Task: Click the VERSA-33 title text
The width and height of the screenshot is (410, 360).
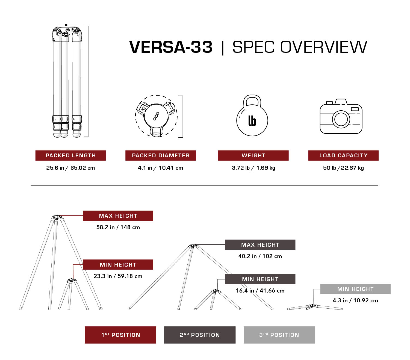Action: coord(171,47)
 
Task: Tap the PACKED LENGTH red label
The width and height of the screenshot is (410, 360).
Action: coord(70,155)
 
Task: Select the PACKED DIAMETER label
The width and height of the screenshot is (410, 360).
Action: coord(161,155)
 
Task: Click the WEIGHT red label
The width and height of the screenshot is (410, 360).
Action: coord(253,155)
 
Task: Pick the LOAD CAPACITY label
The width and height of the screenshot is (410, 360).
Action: coord(343,155)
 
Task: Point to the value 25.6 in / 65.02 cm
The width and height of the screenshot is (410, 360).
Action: coord(70,168)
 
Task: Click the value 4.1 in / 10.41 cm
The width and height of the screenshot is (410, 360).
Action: coord(161,168)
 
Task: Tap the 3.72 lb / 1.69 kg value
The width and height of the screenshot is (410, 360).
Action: coord(253,168)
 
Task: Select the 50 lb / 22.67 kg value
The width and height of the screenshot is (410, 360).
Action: coord(343,168)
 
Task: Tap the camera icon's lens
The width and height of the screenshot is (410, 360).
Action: coord(341,119)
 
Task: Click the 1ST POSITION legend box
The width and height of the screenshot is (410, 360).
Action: coord(120,335)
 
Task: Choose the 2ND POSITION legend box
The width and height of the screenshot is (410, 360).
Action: coord(200,335)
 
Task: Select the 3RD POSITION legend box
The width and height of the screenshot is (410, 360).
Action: coord(279,335)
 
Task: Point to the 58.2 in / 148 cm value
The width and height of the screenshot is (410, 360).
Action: coord(118,227)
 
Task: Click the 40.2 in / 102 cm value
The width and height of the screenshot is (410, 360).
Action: coord(260,256)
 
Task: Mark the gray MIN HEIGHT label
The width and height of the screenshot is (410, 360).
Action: coord(355,289)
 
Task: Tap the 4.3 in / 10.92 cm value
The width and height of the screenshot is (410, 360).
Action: coord(355,300)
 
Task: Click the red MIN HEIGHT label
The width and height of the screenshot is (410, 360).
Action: coord(118,265)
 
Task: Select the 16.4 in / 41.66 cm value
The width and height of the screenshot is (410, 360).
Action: coord(260,291)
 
